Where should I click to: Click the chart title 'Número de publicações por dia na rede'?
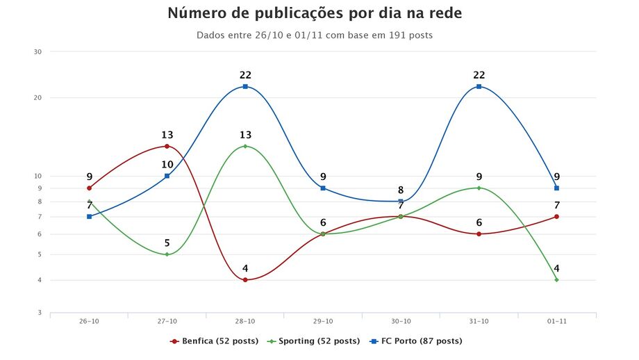(x=315, y=13)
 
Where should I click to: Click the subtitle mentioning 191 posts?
(x=315, y=35)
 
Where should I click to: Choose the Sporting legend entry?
(x=316, y=341)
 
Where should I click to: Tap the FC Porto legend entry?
(x=417, y=341)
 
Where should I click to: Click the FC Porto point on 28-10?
(x=245, y=86)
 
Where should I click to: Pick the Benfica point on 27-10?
(x=167, y=146)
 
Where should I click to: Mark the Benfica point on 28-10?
(x=245, y=280)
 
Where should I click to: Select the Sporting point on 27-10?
(x=167, y=254)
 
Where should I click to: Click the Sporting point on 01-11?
(x=557, y=280)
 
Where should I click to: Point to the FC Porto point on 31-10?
(x=479, y=86)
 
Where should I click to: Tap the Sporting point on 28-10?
(x=245, y=146)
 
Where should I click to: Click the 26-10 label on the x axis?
(x=89, y=321)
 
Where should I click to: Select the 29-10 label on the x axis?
(x=323, y=321)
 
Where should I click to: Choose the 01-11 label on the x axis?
(x=557, y=321)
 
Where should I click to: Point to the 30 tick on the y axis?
(x=38, y=51)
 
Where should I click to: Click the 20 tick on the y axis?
(x=38, y=97)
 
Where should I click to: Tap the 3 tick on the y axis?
(x=40, y=313)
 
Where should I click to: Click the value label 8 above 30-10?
(x=401, y=190)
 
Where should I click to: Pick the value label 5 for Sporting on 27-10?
(x=167, y=243)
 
